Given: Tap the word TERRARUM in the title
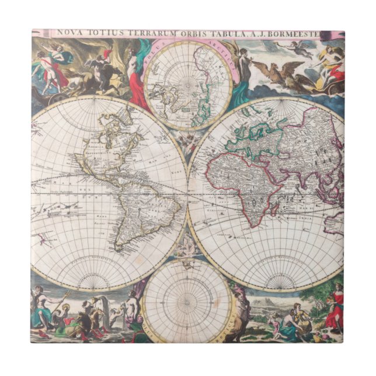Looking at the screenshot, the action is pos(166,34).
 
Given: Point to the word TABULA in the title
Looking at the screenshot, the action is pos(249,34).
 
